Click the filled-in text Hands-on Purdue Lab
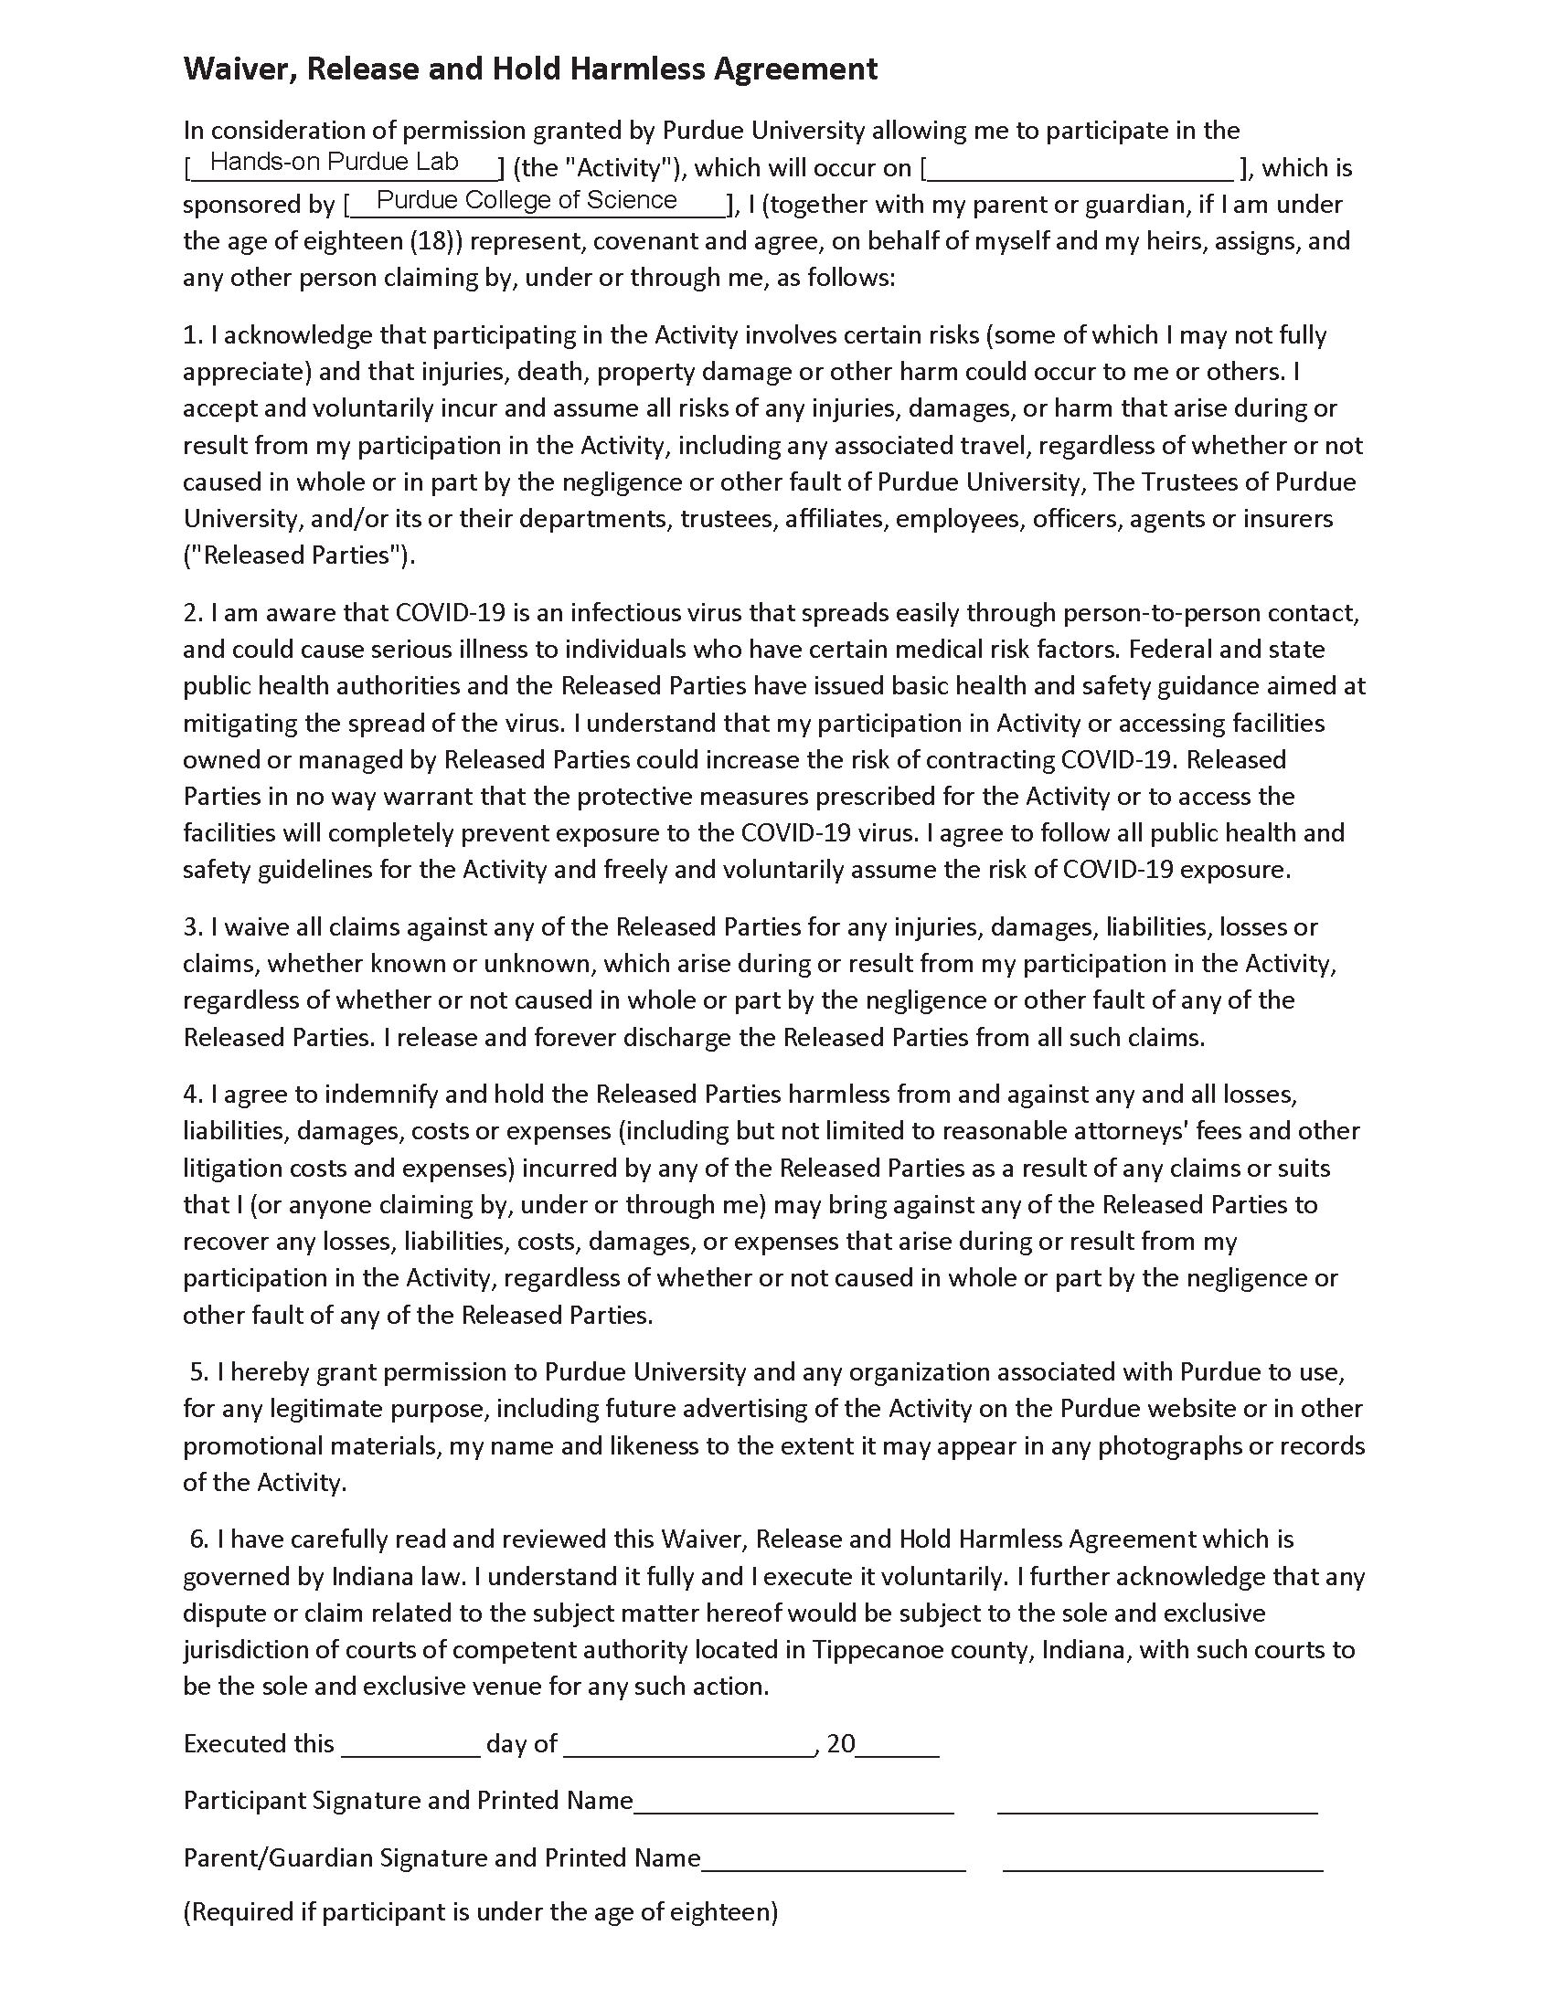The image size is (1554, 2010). [x=335, y=162]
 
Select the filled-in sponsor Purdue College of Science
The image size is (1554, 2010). [x=527, y=200]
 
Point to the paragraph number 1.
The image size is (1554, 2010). [x=191, y=335]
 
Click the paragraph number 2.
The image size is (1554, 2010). [x=191, y=613]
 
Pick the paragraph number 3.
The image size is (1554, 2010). [x=191, y=926]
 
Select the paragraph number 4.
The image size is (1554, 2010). [x=191, y=1095]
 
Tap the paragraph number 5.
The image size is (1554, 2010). [x=199, y=1372]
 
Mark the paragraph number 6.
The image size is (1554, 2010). [x=199, y=1539]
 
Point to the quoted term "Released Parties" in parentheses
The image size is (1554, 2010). [x=294, y=555]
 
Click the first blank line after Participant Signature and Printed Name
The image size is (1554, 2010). [x=793, y=1802]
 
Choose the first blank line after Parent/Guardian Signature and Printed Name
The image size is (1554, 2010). [x=833, y=1859]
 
